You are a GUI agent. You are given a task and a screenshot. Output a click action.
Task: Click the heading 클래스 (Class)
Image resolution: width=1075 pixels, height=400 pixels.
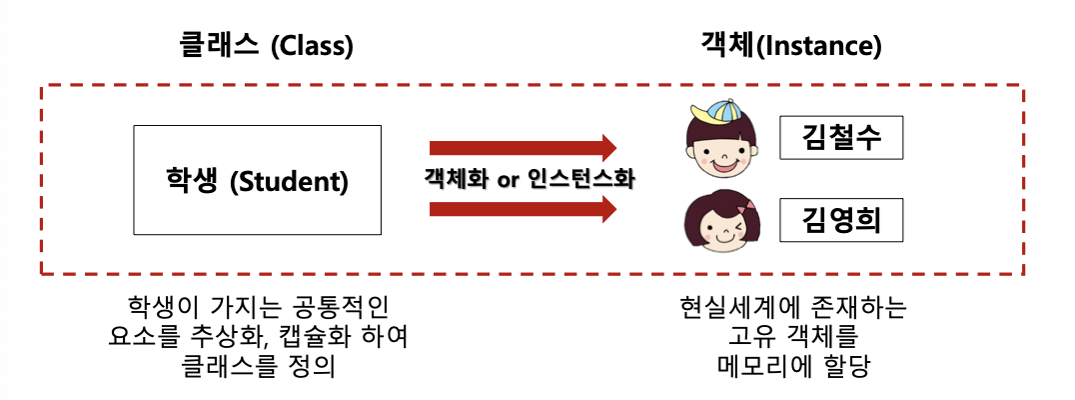click(x=266, y=47)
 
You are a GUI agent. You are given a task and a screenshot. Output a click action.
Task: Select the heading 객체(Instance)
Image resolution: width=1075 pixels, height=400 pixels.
click(x=790, y=47)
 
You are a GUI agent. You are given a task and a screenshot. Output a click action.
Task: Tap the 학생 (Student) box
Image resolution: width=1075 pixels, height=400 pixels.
click(x=257, y=180)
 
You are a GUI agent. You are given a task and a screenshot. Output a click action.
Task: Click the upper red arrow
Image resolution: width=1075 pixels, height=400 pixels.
click(x=524, y=148)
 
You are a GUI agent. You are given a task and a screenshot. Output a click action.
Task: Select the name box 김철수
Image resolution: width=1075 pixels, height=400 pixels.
click(x=841, y=137)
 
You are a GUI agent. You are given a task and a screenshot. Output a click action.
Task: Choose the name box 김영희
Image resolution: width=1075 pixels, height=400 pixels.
click(x=841, y=221)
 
